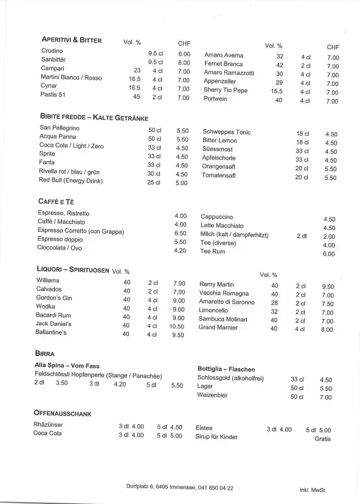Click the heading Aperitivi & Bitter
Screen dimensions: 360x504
click(71, 40)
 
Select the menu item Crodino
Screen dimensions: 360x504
click(52, 51)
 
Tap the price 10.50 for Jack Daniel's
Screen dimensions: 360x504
click(177, 326)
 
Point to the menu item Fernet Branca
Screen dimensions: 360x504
click(223, 65)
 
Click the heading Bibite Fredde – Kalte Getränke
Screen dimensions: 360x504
click(94, 118)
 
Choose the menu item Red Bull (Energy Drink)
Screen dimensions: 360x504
click(71, 181)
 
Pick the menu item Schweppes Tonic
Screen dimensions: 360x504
click(226, 132)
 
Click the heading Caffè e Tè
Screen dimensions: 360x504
click(56, 201)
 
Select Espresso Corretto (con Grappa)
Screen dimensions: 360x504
click(81, 232)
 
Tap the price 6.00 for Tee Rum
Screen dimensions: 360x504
click(328, 254)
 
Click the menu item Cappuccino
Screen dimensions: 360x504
click(217, 217)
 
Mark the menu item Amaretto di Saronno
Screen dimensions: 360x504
click(227, 303)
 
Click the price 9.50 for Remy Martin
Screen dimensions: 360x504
click(328, 286)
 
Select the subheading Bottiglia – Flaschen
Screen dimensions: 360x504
click(226, 369)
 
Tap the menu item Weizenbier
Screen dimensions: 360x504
click(212, 395)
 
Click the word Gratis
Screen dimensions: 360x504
click(323, 438)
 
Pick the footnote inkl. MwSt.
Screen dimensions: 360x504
click(313, 489)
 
